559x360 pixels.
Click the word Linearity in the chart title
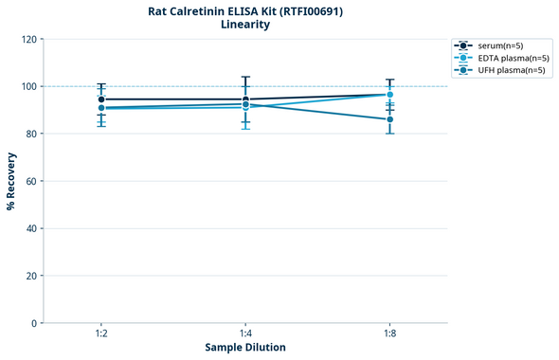pyautogui.click(x=245, y=25)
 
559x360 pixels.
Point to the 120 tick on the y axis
pyautogui.click(x=28, y=39)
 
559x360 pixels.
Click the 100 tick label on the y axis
pyautogui.click(x=28, y=86)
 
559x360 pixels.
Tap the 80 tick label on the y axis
pyautogui.click(x=31, y=134)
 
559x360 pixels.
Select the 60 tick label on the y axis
pyautogui.click(x=31, y=181)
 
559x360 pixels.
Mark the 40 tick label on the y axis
pyautogui.click(x=31, y=228)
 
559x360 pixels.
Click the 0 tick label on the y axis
pyautogui.click(x=34, y=323)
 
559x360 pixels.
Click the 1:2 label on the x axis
pyautogui.click(x=101, y=334)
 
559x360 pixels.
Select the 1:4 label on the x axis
pyautogui.click(x=245, y=334)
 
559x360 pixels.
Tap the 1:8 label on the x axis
pyautogui.click(x=389, y=334)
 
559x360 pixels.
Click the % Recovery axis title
pyautogui.click(x=11, y=180)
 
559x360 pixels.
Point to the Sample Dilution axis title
pyautogui.click(x=245, y=348)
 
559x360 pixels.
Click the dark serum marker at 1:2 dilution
pyautogui.click(x=101, y=99)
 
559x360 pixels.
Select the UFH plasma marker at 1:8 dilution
pyautogui.click(x=389, y=119)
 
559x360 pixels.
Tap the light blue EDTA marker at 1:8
pyautogui.click(x=389, y=95)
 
